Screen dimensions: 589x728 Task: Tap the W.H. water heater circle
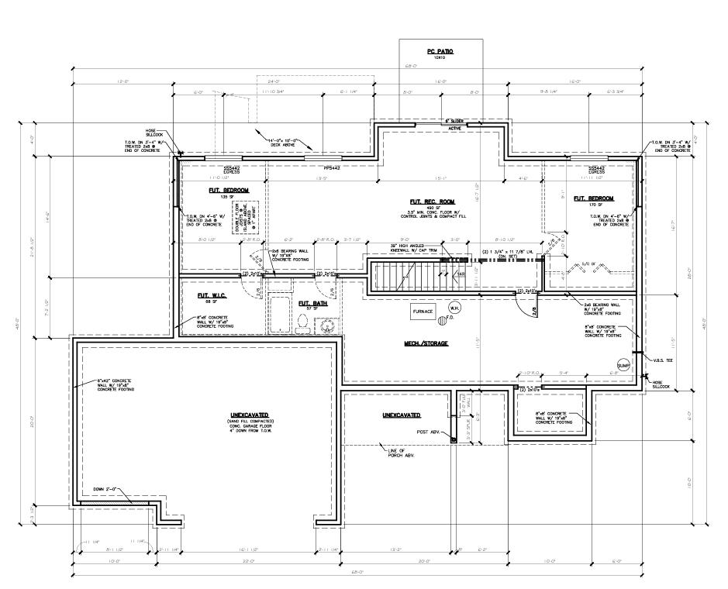[454, 308]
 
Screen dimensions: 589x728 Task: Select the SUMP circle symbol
[623, 365]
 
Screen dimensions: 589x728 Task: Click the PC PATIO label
[440, 51]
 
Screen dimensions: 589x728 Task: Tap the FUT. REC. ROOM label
[416, 201]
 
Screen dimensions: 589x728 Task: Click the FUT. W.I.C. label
[209, 295]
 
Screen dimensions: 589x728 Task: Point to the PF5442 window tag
[333, 167]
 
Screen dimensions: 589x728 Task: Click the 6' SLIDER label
[454, 122]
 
